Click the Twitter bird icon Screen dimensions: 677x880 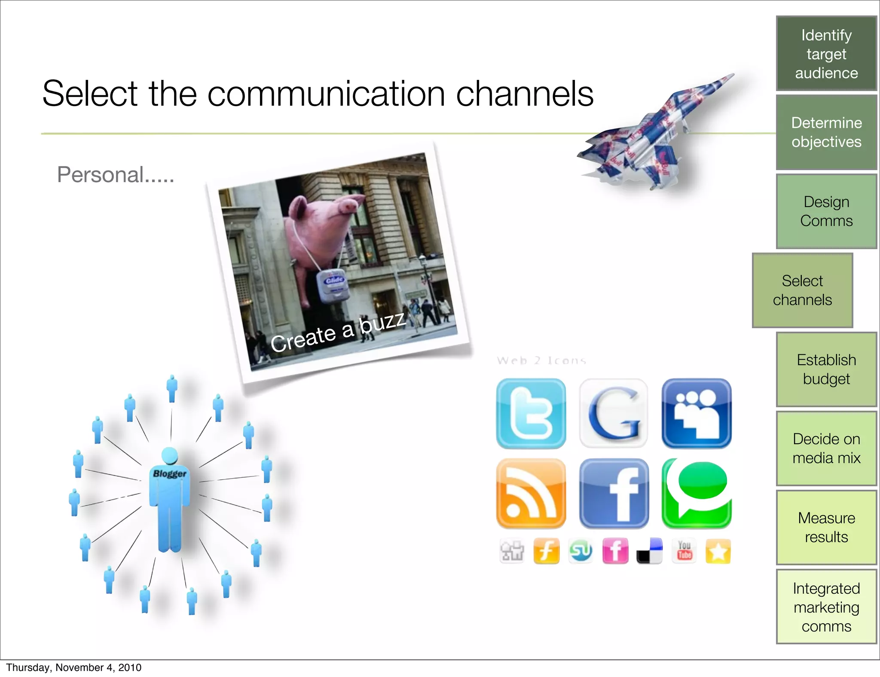coord(531,413)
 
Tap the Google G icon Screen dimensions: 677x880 coord(614,413)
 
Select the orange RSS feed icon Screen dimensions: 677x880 coord(531,493)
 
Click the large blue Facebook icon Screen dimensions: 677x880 coord(614,493)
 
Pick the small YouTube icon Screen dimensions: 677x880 coord(684,551)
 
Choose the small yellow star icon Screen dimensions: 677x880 coord(718,551)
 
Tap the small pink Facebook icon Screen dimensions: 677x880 coord(615,551)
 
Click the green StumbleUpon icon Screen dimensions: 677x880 coord(581,551)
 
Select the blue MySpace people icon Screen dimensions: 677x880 coord(697,413)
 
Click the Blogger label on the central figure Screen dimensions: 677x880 coord(170,473)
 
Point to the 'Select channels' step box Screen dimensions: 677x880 coord(802,290)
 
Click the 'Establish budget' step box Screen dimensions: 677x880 coord(826,369)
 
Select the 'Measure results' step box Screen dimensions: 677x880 coord(826,528)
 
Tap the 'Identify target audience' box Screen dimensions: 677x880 coord(826,54)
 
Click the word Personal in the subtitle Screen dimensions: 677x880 coord(101,175)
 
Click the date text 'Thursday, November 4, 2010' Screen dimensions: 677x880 coord(73,668)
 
